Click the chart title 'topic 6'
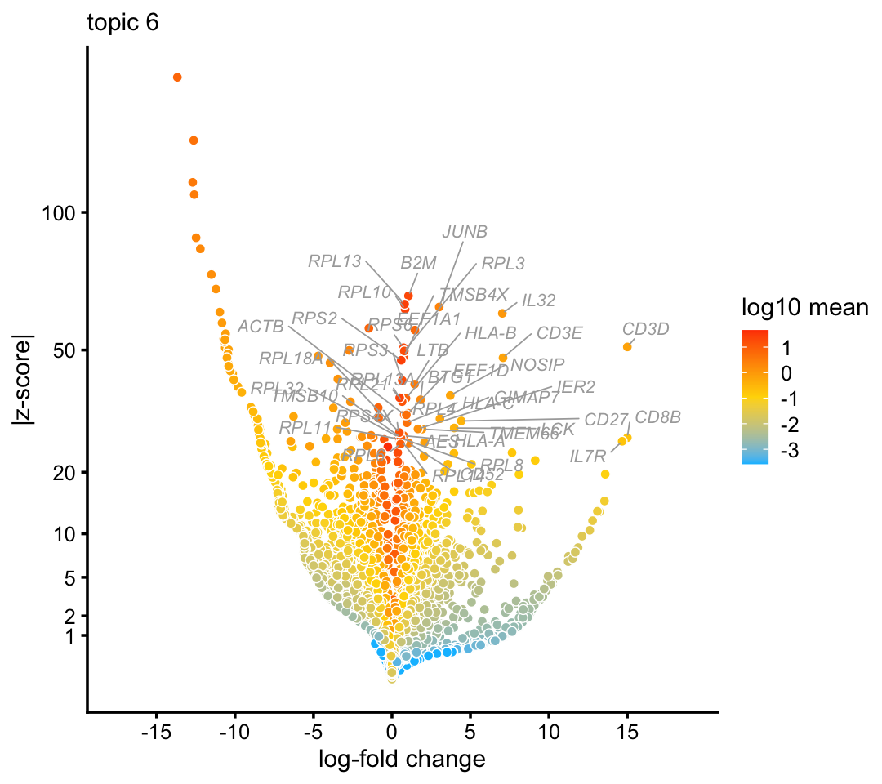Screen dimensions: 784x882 [123, 24]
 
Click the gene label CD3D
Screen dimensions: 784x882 [645, 329]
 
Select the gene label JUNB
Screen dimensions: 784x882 [465, 232]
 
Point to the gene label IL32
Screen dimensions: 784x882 [538, 301]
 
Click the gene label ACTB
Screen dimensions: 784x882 [261, 327]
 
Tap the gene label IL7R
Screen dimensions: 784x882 [588, 456]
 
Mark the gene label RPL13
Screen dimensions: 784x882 [334, 262]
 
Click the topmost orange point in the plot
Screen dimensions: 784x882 [177, 78]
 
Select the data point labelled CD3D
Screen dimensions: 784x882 [627, 347]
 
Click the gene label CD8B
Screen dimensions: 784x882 [657, 418]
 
